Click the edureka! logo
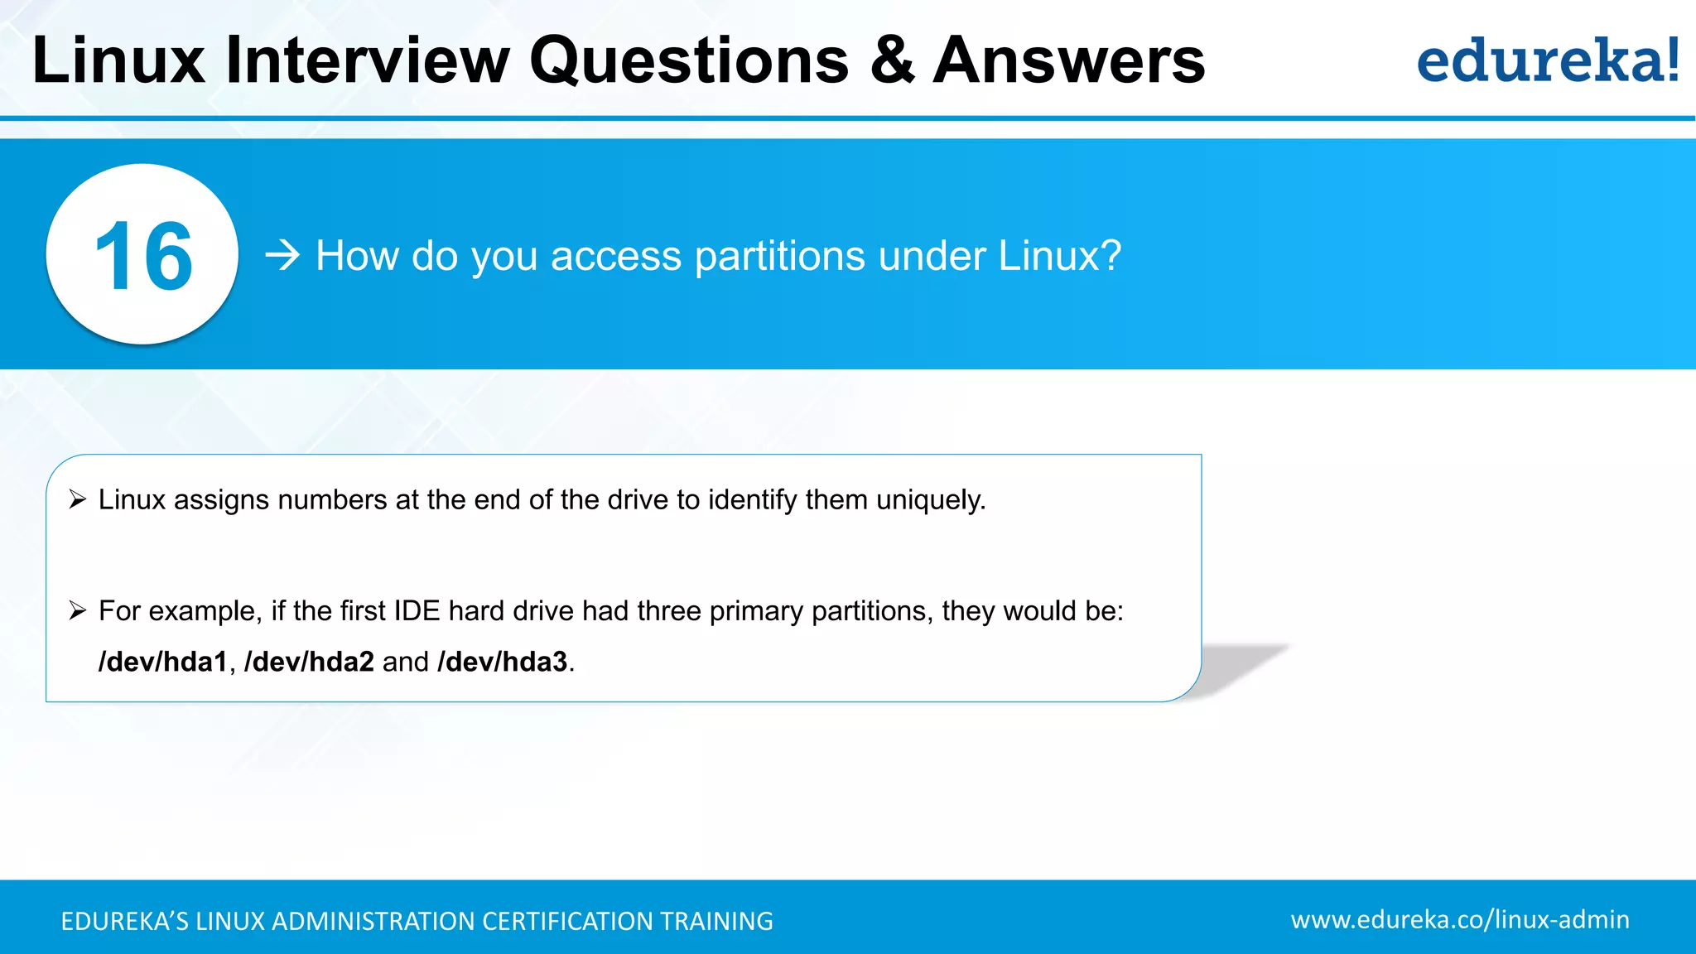click(x=1547, y=60)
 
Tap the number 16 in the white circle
click(x=143, y=256)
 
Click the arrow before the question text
click(x=282, y=255)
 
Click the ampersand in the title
click(x=892, y=60)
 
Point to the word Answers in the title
click(x=1068, y=60)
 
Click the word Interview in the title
click(x=368, y=60)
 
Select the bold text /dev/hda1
click(x=162, y=662)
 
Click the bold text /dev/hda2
click(x=309, y=662)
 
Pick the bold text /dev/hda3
click(x=503, y=662)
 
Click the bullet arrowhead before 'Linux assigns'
click(x=78, y=499)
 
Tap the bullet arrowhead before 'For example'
click(x=78, y=611)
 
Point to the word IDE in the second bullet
click(x=417, y=611)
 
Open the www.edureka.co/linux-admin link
click(x=1459, y=920)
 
